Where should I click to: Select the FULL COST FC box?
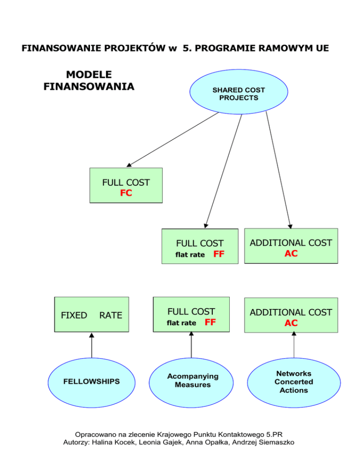tap(126, 186)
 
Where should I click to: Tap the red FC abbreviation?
tap(126, 193)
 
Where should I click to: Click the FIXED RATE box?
tap(91, 315)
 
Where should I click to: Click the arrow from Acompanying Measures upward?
tap(191, 345)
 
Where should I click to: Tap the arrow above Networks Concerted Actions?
tap(294, 345)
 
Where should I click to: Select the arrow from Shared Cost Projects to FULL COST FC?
tap(173, 139)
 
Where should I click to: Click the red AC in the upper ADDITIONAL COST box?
tap(291, 254)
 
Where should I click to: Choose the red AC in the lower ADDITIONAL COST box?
tap(291, 323)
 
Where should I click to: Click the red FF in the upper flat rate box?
tap(218, 255)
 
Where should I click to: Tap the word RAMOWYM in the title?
tap(275, 48)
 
